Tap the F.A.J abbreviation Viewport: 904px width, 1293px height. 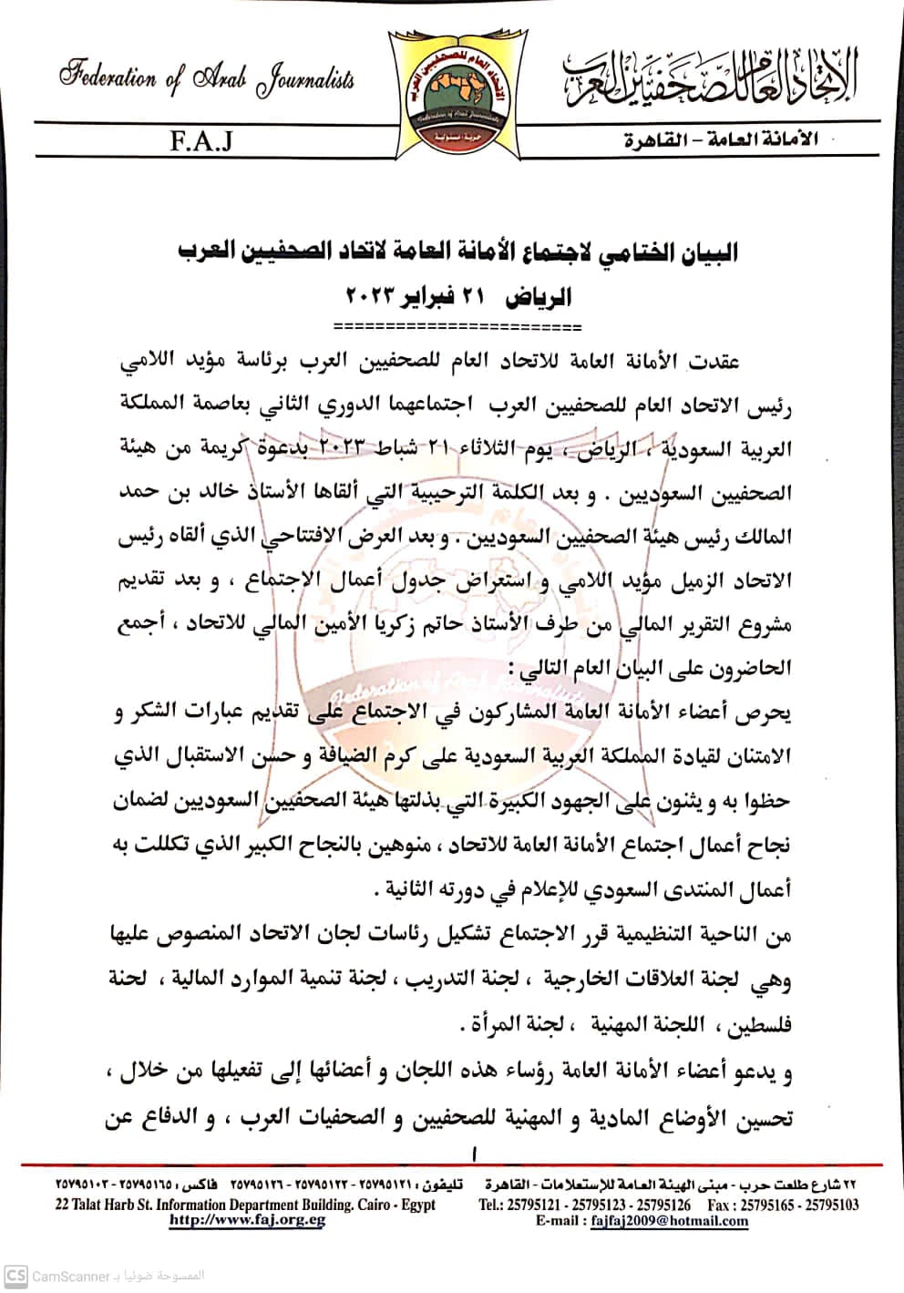[200, 141]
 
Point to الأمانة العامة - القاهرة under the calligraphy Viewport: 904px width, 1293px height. [721, 140]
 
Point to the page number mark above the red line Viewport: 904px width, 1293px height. [475, 1154]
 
